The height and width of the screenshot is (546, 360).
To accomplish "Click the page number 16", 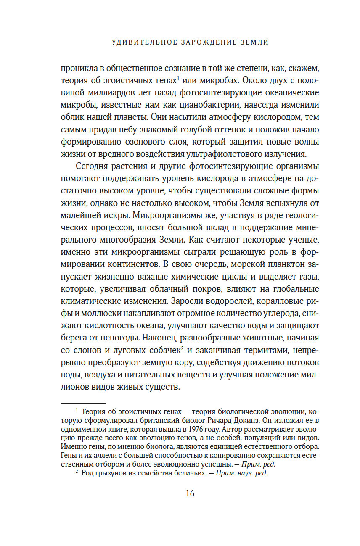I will tap(190, 493).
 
